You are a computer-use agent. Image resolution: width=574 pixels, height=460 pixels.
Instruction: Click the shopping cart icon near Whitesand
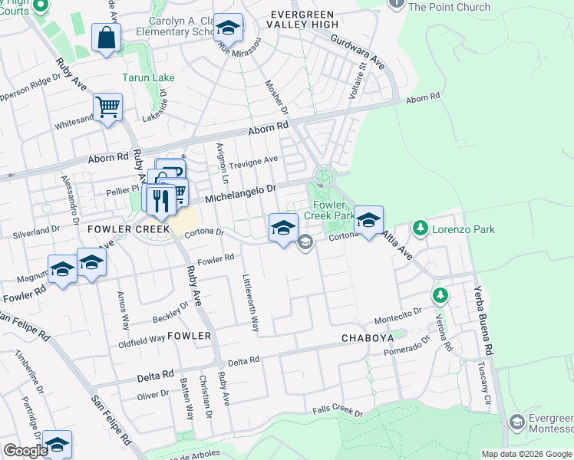[108, 107]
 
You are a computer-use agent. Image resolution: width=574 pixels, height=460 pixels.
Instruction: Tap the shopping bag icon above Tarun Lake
[106, 38]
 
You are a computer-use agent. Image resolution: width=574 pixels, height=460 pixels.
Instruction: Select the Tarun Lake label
[149, 77]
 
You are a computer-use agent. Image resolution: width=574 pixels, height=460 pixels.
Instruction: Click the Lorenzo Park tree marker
[420, 228]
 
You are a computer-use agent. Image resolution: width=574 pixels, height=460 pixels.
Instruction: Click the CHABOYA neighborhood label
[368, 337]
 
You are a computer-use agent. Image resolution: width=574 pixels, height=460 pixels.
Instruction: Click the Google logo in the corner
[25, 451]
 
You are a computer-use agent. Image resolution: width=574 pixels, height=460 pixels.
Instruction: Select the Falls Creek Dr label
[338, 412]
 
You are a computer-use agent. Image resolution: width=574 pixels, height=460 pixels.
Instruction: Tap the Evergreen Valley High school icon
[228, 28]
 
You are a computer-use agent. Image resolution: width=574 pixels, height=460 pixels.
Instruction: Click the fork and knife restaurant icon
[160, 200]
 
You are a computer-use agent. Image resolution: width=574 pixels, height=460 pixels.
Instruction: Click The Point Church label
[449, 7]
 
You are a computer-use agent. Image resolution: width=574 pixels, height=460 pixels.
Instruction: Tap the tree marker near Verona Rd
[440, 295]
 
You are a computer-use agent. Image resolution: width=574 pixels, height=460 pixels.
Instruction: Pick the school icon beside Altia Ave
[368, 220]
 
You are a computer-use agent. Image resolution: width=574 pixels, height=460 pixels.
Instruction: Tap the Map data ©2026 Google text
[527, 454]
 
